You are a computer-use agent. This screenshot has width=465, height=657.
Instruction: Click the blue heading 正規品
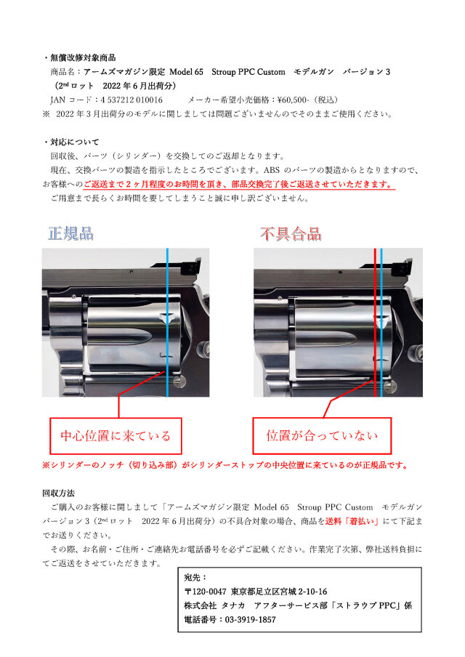70,233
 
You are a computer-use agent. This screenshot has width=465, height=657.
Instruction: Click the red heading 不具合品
291,234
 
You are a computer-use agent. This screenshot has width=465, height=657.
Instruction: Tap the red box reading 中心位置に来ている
116,436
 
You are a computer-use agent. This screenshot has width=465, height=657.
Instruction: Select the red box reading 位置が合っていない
322,435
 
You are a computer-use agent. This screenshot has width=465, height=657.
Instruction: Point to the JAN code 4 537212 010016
132,100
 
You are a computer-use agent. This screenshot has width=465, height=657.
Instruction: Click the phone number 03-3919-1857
251,619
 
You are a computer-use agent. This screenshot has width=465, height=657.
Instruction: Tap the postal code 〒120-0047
206,591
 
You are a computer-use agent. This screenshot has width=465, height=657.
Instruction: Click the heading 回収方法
58,493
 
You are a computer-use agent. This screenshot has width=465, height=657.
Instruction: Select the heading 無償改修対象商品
83,58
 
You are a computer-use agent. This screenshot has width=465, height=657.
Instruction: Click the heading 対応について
75,142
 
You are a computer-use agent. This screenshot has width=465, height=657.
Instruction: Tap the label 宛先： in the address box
195,577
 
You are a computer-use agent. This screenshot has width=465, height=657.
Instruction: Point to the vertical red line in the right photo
375,322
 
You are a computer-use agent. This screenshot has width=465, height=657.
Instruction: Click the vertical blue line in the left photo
168,322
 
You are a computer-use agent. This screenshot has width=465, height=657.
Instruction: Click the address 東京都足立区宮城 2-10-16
279,591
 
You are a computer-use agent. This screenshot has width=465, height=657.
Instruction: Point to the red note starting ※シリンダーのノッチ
225,465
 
